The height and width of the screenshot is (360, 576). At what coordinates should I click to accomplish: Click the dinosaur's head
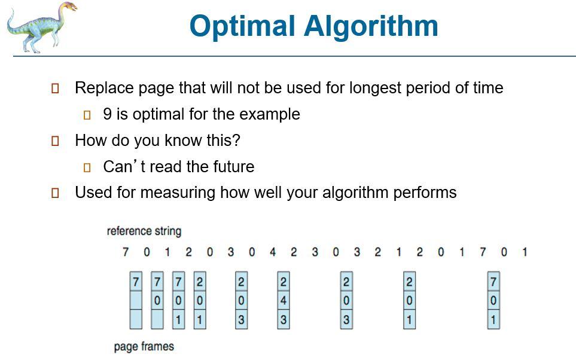coord(68,8)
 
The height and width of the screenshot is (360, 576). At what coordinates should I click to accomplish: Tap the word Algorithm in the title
coord(371,26)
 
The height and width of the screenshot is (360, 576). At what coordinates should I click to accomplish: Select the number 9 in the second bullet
coord(107,114)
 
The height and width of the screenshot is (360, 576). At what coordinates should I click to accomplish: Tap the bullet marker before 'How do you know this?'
coord(55,141)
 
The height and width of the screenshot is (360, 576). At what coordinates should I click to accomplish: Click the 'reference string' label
coord(144,231)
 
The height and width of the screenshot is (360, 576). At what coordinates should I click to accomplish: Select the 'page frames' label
coord(144,346)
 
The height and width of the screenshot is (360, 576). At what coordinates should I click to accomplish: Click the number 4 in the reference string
coord(273,252)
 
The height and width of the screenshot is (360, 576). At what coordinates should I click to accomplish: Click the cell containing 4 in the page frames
coord(284,300)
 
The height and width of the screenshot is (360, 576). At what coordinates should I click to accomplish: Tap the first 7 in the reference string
coord(126,252)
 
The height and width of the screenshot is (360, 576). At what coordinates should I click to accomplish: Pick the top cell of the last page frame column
coord(493,281)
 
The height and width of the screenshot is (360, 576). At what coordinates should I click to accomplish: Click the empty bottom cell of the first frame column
coord(136,319)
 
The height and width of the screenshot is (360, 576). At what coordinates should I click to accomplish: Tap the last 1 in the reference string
coord(525,252)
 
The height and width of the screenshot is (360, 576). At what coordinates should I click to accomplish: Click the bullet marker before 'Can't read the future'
coord(87,167)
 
